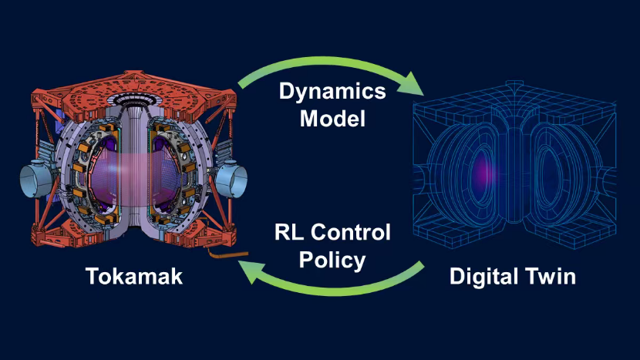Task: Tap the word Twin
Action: coord(550,276)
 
